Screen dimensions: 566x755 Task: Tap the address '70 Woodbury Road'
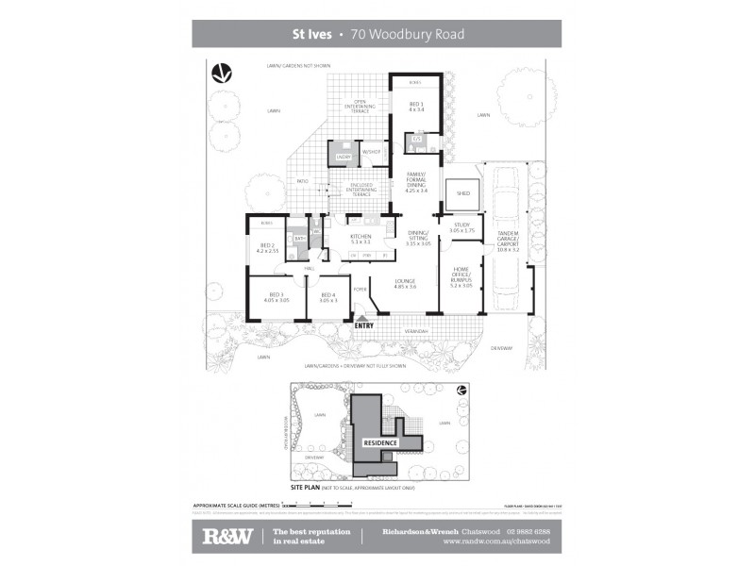coord(407,35)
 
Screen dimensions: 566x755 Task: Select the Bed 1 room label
coord(416,107)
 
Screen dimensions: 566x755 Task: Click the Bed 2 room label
coord(266,248)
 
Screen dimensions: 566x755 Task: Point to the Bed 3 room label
coord(277,296)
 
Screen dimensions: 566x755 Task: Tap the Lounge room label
coord(406,283)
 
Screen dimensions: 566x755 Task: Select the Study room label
coord(461,227)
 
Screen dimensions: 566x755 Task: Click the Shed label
coord(463,192)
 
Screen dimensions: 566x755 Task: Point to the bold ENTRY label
coord(365,326)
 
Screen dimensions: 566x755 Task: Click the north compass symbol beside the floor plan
coord(224,74)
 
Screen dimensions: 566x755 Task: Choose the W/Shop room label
coord(370,152)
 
